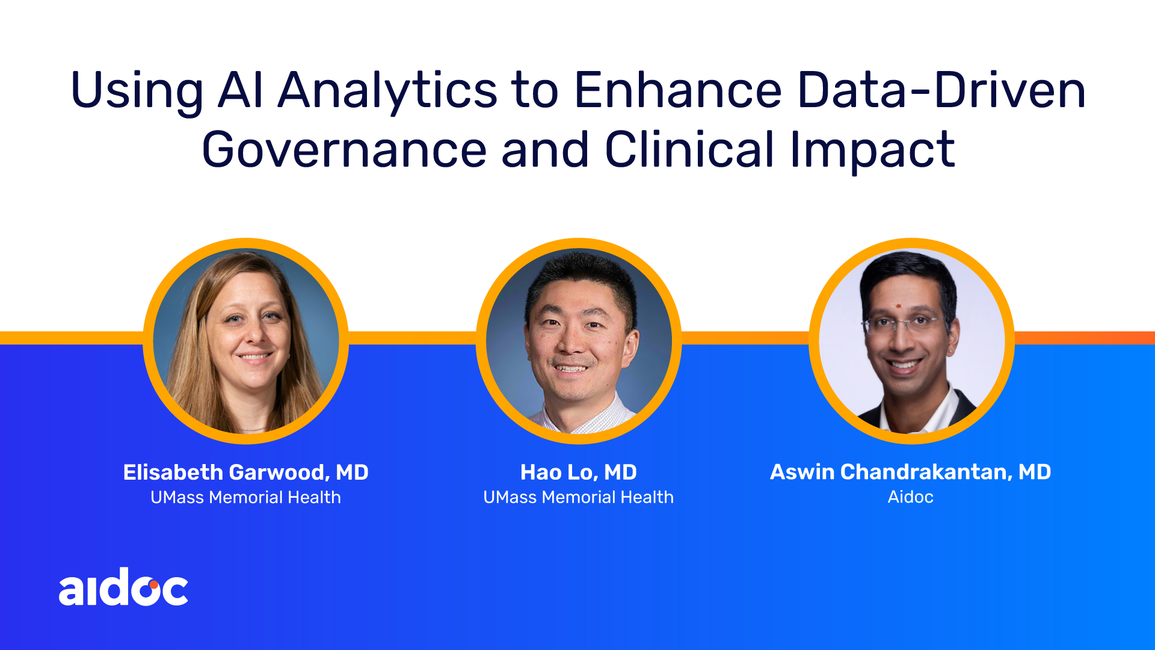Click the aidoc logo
point(123,586)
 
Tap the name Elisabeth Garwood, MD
point(245,472)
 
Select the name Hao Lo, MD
point(579,472)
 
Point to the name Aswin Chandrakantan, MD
point(911,472)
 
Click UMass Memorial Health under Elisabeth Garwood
point(245,497)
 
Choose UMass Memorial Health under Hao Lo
point(579,497)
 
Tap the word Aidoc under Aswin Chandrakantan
point(911,497)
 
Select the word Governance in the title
point(344,149)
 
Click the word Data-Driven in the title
point(942,90)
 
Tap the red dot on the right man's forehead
point(898,306)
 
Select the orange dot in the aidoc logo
point(154,584)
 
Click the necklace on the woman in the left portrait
point(253,430)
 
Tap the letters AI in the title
point(241,90)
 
